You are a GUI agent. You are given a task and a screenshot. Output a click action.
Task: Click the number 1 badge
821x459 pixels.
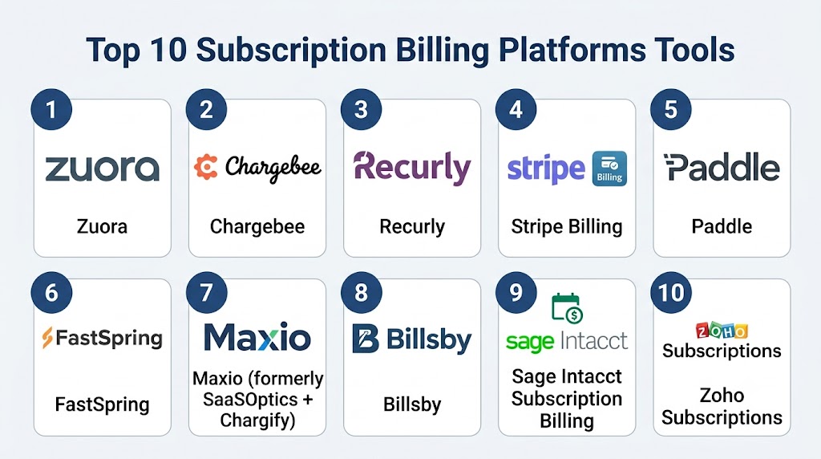pyautogui.click(x=51, y=109)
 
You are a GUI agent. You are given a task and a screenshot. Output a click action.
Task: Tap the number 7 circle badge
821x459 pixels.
pyautogui.click(x=206, y=292)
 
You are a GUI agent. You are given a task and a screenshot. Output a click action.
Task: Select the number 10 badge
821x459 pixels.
pyautogui.click(x=671, y=292)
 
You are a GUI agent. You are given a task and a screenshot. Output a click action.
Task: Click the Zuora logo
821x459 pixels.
pyautogui.click(x=102, y=169)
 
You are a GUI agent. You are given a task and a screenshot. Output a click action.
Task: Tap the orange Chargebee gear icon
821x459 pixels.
pyautogui.click(x=206, y=167)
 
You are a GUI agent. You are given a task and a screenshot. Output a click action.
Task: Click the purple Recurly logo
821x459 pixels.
pyautogui.click(x=412, y=168)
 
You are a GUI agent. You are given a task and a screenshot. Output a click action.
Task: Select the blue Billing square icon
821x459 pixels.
pyautogui.click(x=609, y=169)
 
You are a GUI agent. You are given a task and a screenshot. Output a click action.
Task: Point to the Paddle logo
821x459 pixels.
pyautogui.click(x=722, y=168)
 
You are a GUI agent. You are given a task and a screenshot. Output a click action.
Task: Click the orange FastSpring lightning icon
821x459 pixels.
pyautogui.click(x=47, y=338)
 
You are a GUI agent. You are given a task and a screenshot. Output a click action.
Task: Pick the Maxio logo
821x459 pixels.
pyautogui.click(x=257, y=337)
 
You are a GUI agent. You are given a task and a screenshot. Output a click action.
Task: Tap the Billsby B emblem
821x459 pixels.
pyautogui.click(x=366, y=339)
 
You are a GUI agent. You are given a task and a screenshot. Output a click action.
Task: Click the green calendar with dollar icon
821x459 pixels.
pyautogui.click(x=567, y=308)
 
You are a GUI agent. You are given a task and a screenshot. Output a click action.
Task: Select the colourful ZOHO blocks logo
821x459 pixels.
pyautogui.click(x=722, y=331)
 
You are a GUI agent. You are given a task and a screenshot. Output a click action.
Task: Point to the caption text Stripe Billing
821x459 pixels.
pyautogui.click(x=567, y=226)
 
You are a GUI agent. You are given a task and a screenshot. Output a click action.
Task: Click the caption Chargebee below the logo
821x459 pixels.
pyautogui.click(x=257, y=226)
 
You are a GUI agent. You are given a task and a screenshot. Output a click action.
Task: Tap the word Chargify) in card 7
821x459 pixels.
pyautogui.click(x=257, y=420)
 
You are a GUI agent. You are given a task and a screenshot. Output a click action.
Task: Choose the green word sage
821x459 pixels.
pyautogui.click(x=530, y=343)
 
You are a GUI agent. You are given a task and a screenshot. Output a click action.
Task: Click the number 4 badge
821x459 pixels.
pyautogui.click(x=516, y=109)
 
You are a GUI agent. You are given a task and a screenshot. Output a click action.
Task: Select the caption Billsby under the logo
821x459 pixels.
pyautogui.click(x=412, y=404)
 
